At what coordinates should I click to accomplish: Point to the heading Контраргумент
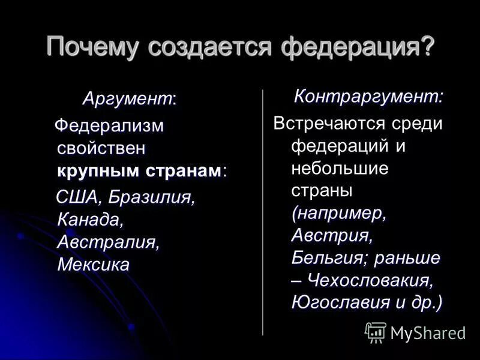pos(368,96)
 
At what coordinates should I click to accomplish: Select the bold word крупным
pos(98,170)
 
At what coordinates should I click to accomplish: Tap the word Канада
pos(90,220)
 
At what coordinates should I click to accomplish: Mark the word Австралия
pos(108,242)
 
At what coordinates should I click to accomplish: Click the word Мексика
pos(93,264)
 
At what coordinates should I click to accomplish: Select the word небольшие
pos(340,169)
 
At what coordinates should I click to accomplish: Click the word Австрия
pos(332,236)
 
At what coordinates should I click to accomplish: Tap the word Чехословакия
pos(370,280)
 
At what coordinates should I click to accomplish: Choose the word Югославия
pos(341,302)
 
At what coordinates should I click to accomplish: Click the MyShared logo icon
pos(376,332)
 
